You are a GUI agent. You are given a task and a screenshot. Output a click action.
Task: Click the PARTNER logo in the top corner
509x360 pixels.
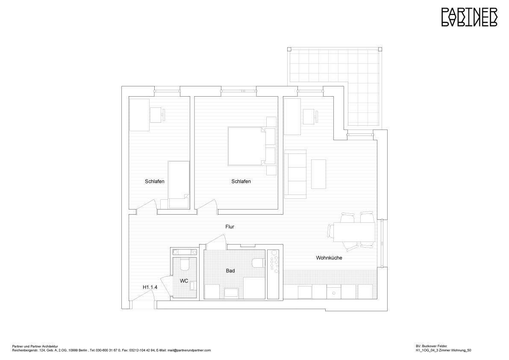click(x=469, y=17)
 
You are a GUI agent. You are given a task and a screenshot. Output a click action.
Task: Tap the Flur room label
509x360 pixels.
click(x=230, y=227)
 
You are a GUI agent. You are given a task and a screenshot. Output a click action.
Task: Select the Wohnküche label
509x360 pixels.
click(x=329, y=258)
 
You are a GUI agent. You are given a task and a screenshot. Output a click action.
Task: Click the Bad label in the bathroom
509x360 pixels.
click(x=230, y=271)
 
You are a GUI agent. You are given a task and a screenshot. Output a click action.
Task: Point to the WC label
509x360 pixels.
click(x=184, y=281)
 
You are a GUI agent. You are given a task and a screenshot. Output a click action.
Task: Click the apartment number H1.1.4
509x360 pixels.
click(x=150, y=287)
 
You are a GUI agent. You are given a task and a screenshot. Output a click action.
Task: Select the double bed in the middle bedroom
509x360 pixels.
click(x=246, y=146)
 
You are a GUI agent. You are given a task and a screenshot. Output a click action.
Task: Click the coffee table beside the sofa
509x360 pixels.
click(x=318, y=174)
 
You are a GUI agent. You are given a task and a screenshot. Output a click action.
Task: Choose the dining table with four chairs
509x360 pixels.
click(x=353, y=232)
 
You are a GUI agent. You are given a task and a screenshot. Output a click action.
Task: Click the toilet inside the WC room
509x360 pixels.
click(x=185, y=265)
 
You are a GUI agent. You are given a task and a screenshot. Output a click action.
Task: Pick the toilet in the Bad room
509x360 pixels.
click(x=258, y=263)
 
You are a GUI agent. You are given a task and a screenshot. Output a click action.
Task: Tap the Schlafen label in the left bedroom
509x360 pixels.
click(x=154, y=181)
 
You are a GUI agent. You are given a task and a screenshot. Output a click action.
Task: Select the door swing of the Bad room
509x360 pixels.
click(x=215, y=242)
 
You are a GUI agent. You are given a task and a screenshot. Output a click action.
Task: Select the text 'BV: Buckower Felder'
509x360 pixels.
click(x=432, y=346)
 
